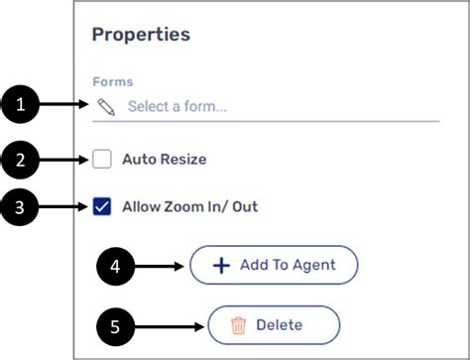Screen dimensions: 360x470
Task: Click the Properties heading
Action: (141, 35)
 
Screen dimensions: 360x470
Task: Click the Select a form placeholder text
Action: (176, 106)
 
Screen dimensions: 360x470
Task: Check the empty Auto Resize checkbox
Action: (102, 158)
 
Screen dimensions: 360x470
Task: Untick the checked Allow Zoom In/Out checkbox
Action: (102, 206)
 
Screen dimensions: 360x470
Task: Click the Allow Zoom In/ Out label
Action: (188, 206)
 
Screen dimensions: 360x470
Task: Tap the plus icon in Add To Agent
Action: (222, 265)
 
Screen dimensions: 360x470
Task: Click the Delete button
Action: (274, 324)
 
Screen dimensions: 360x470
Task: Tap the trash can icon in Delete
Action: (238, 324)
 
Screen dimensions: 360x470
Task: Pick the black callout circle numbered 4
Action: (116, 265)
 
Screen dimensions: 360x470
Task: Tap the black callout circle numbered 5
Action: (116, 324)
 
